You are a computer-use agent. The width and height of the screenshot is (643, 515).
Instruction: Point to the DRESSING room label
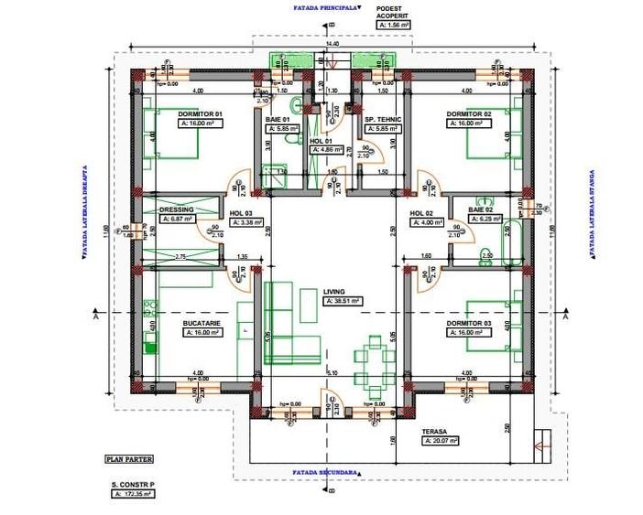click(177, 209)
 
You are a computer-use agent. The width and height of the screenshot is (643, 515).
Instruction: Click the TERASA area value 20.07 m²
click(439, 440)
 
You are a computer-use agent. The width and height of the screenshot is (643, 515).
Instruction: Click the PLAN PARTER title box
click(129, 460)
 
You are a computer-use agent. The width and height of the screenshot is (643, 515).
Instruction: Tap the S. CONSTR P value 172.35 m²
click(134, 493)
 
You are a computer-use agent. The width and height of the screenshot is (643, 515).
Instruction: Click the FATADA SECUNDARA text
click(324, 473)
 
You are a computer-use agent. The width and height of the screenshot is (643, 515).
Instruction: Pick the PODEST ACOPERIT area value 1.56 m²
click(395, 26)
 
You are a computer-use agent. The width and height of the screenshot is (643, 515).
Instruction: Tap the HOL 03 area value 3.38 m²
click(246, 221)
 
